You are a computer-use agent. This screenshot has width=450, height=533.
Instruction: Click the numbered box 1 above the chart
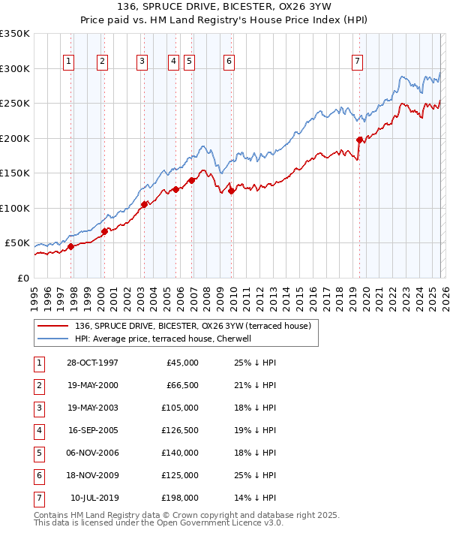coord(69,62)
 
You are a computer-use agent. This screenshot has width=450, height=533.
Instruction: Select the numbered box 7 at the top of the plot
coord(357,62)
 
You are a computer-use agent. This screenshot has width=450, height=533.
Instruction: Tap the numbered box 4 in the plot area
coord(173,62)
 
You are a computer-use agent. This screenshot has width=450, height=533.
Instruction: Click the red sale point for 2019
coord(360,140)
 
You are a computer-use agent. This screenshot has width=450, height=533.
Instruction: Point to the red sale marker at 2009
coord(232,191)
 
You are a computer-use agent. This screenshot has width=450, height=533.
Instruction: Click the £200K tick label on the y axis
coord(15,138)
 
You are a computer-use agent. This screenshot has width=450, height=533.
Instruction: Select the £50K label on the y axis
coord(17,243)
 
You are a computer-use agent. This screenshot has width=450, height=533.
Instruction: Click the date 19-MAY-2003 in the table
coord(91,408)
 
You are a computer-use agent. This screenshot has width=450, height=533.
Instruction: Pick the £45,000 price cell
coord(181,363)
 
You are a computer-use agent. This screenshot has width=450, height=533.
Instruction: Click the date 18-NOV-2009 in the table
coord(91,475)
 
